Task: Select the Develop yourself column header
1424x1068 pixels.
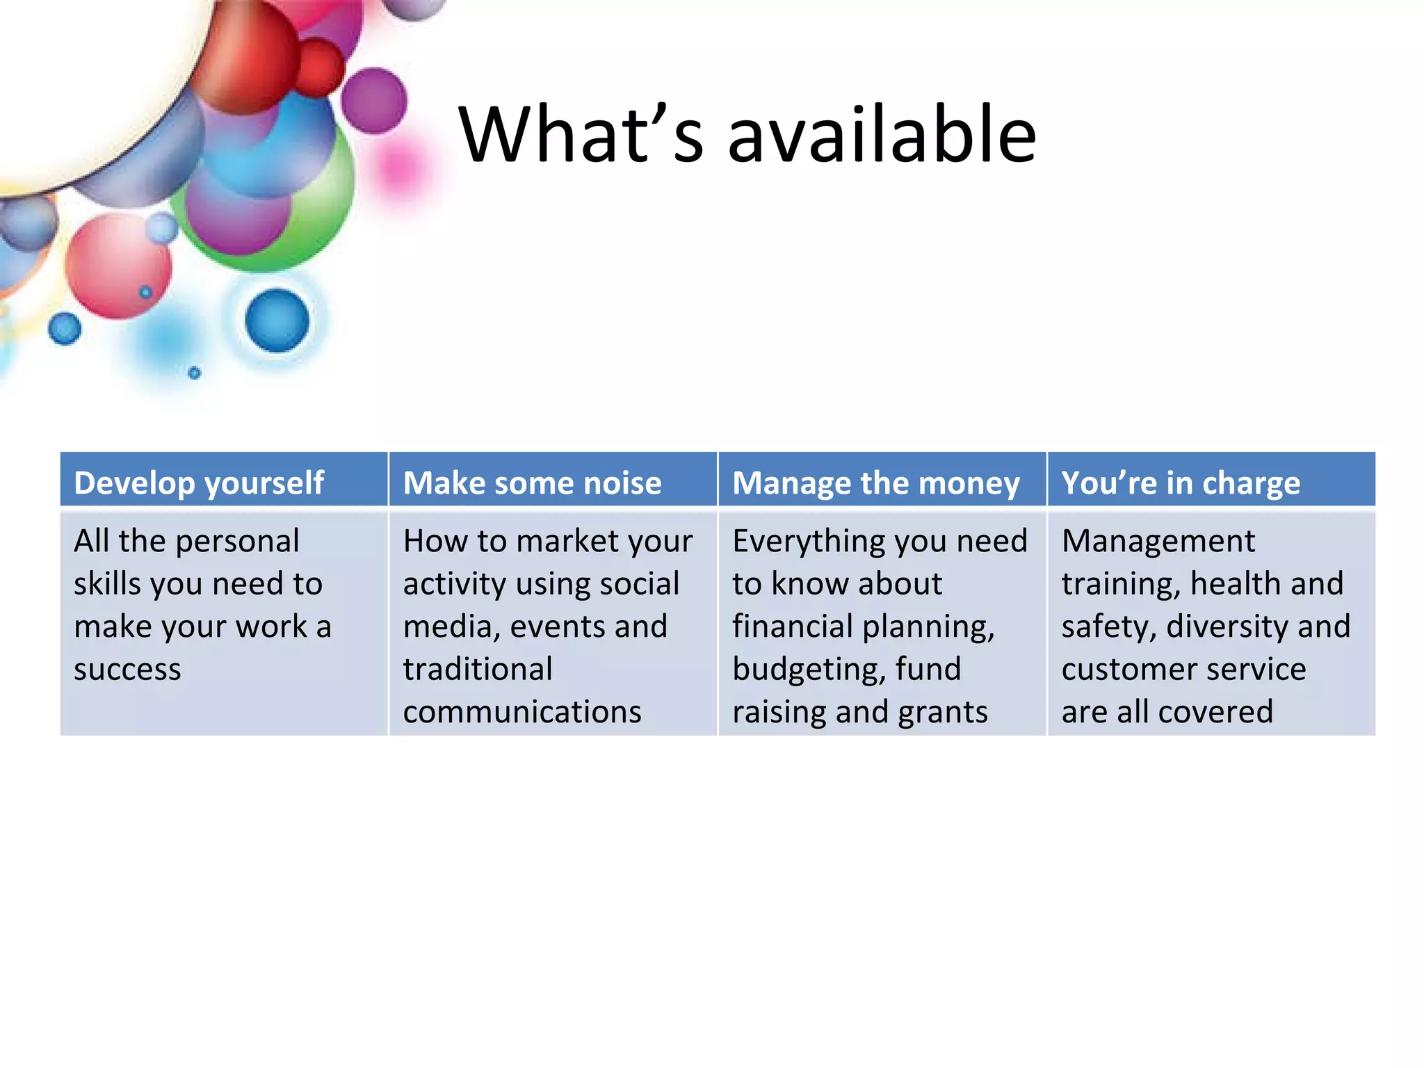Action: [x=199, y=483]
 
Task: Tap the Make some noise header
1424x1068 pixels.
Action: [x=532, y=483]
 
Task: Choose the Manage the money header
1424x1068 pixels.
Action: [x=875, y=483]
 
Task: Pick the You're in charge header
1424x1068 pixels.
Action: [x=1180, y=483]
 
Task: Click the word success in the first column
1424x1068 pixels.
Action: [x=127, y=670]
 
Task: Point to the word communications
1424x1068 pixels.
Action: [x=521, y=712]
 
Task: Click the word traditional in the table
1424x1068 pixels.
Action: [x=478, y=670]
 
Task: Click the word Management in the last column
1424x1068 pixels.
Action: [x=1158, y=541]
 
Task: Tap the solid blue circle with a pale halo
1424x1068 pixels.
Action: [x=277, y=321]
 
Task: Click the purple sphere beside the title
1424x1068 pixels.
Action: [x=374, y=101]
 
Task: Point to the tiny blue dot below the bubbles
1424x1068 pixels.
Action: [x=195, y=373]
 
